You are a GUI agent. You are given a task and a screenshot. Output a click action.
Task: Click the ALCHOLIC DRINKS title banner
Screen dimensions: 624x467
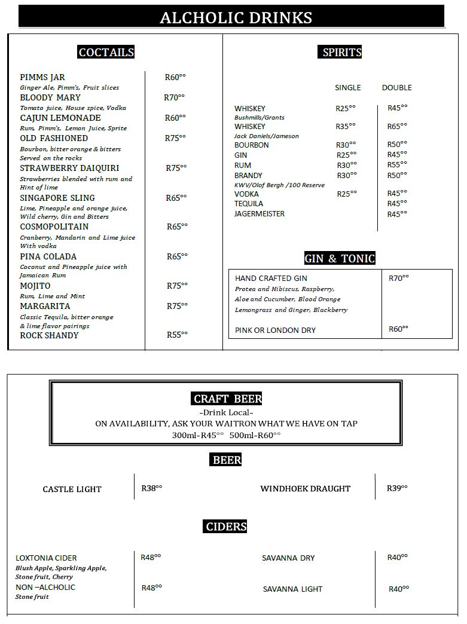pyautogui.click(x=236, y=17)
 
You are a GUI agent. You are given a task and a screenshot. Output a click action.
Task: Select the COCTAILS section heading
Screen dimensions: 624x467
pyautogui.click(x=106, y=53)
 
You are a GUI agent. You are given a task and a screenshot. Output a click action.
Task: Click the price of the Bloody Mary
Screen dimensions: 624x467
pyautogui.click(x=175, y=97)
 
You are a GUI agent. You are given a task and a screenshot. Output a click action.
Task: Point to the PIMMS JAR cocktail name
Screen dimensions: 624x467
pyautogui.click(x=42, y=78)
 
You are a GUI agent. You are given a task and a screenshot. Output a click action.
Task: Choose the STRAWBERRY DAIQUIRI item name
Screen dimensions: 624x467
pyautogui.click(x=69, y=168)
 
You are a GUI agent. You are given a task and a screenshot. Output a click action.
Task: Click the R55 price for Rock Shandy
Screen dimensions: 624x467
pyautogui.click(x=176, y=335)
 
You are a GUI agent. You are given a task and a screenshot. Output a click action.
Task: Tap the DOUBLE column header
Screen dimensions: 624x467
pyautogui.click(x=396, y=87)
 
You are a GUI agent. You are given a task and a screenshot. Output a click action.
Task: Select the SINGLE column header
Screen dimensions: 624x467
pyautogui.click(x=347, y=87)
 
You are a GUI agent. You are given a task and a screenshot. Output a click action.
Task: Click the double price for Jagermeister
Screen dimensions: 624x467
pyautogui.click(x=397, y=213)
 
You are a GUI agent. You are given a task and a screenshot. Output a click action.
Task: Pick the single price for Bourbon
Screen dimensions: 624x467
pyautogui.click(x=346, y=145)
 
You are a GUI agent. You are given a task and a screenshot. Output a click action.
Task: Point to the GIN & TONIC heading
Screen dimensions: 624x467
pyautogui.click(x=340, y=259)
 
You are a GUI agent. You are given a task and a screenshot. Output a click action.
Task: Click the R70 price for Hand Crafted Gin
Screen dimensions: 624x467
pyautogui.click(x=399, y=278)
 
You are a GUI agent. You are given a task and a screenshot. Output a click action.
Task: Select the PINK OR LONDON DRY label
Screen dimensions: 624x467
pyautogui.click(x=275, y=331)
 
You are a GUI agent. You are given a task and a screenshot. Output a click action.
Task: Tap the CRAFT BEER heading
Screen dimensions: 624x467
pyautogui.click(x=227, y=399)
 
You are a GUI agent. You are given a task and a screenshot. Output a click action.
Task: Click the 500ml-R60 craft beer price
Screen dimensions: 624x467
pyautogui.click(x=255, y=435)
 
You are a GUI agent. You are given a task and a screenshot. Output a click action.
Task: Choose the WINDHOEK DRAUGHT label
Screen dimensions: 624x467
pyautogui.click(x=305, y=489)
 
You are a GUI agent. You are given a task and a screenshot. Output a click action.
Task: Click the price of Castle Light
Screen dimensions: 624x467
pyautogui.click(x=152, y=488)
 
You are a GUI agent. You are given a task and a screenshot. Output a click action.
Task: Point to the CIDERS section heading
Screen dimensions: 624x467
pyautogui.click(x=226, y=527)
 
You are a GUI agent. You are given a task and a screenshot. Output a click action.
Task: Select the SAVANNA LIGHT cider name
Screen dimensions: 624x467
pyautogui.click(x=292, y=589)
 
